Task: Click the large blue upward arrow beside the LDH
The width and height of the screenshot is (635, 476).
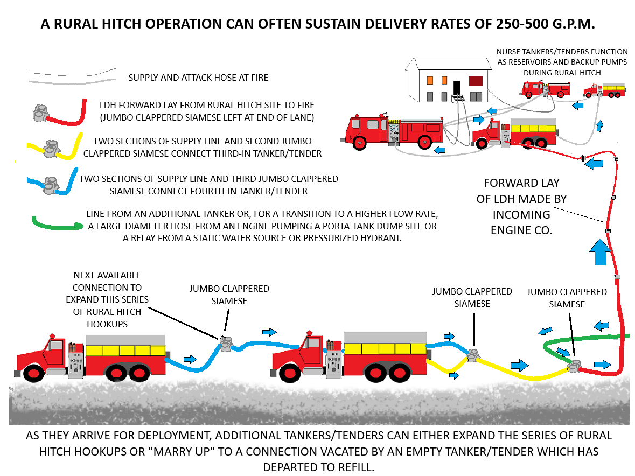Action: coord(601,253)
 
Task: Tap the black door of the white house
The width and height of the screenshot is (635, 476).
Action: coord(457,88)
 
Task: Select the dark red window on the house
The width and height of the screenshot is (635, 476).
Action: coord(475,81)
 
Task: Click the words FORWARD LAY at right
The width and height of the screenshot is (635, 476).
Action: coord(521,183)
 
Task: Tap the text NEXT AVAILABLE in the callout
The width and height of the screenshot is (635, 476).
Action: coord(107,275)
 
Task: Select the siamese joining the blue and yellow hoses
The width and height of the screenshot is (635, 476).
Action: coord(474,355)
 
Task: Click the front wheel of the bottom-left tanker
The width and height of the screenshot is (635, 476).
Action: coord(34,373)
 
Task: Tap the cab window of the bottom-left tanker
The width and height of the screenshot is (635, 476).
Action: coord(55,345)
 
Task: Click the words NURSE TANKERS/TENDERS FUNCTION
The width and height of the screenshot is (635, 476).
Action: coord(562,52)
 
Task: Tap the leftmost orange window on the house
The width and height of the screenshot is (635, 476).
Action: coord(430,80)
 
